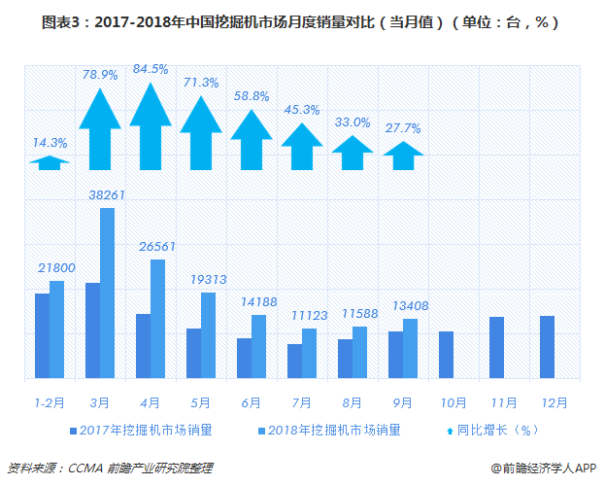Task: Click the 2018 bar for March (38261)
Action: [x=107, y=293]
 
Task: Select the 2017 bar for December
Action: [x=547, y=347]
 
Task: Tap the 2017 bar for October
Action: [x=446, y=355]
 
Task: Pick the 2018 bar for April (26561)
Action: [x=157, y=319]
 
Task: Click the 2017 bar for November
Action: [x=496, y=347]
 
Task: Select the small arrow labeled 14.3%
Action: [x=50, y=163]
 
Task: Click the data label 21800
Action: [x=56, y=267]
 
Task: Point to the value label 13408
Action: [x=410, y=306]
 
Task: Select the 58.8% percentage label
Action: [x=251, y=95]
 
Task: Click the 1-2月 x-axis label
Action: [x=50, y=400]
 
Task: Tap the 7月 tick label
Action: [x=301, y=400]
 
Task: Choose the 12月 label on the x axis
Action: [x=554, y=400]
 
